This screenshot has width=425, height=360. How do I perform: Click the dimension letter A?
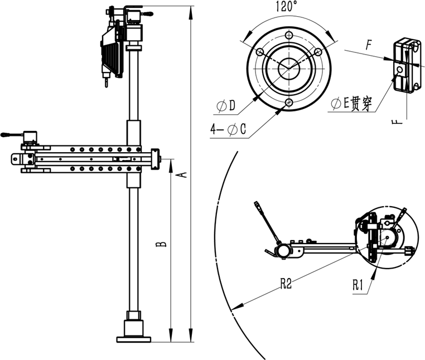point(184,175)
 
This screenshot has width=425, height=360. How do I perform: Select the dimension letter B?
point(161,244)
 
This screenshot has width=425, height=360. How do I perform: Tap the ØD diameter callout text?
point(226,106)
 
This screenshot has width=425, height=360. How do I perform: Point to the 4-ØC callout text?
point(228,129)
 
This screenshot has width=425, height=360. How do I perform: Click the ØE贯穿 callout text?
point(351,103)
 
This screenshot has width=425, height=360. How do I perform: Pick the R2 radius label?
point(286,284)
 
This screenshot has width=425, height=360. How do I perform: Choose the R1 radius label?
point(358,285)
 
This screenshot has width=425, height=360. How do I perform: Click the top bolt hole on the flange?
point(289,35)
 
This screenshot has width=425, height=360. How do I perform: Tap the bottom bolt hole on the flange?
point(289,103)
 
